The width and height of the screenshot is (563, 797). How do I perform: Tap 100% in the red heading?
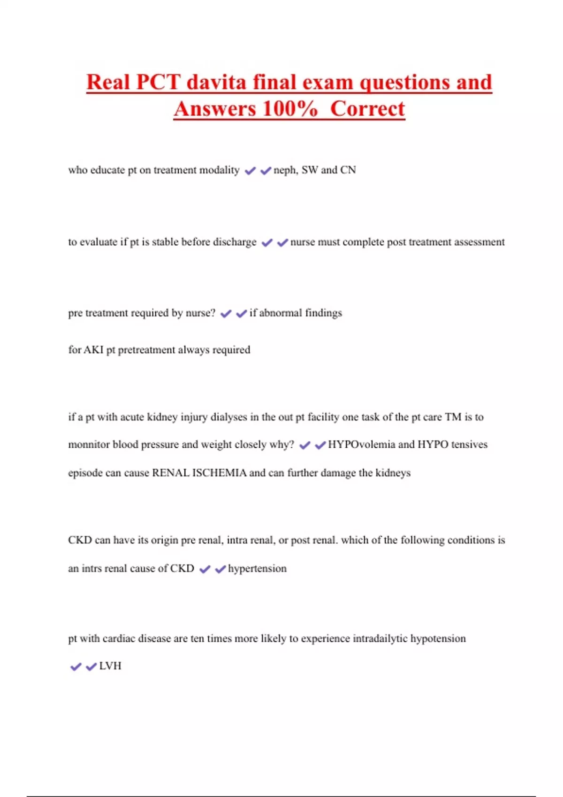tap(290, 109)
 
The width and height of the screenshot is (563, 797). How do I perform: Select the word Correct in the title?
tap(367, 109)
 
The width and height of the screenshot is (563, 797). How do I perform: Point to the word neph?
tap(285, 170)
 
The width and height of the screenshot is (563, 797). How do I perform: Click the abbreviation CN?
tap(348, 170)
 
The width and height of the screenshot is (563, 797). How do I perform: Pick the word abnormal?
tap(281, 313)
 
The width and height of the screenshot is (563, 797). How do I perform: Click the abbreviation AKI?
tap(93, 350)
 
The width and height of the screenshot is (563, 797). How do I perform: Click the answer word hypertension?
tap(257, 569)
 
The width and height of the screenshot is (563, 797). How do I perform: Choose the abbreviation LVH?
tap(110, 666)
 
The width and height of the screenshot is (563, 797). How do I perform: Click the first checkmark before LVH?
tap(76, 667)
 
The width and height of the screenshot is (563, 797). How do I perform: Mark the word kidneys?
tap(393, 473)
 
